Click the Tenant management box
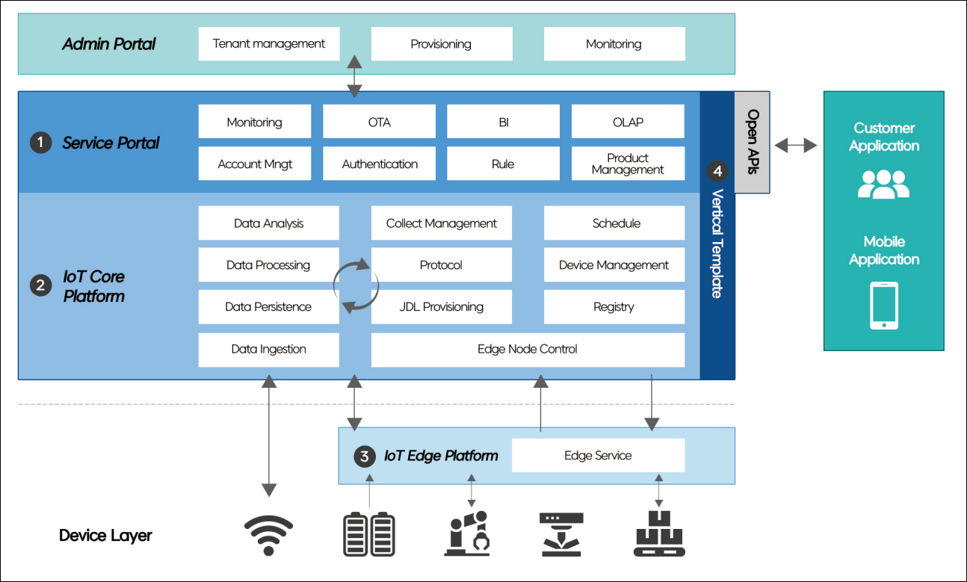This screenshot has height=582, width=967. click(269, 44)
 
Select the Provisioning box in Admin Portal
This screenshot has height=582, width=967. click(441, 44)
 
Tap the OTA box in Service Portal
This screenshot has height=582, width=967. click(379, 122)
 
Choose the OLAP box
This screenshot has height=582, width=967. click(628, 122)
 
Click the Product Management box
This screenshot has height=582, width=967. click(628, 164)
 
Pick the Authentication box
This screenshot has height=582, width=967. click(379, 164)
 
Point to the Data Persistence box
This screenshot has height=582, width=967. click(268, 307)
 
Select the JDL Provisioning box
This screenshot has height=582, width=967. click(441, 307)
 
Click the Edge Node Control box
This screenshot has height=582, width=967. click(528, 349)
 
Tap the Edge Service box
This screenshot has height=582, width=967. click(598, 456)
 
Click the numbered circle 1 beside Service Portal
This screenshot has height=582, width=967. click(40, 143)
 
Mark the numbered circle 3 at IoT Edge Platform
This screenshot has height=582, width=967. click(364, 456)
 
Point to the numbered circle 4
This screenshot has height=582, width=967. click(717, 171)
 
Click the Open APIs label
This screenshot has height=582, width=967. click(753, 142)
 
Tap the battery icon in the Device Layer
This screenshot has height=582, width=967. click(369, 534)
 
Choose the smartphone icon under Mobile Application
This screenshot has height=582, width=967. click(884, 306)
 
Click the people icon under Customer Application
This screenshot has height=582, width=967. click(883, 185)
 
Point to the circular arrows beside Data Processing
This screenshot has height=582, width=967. click(356, 285)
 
